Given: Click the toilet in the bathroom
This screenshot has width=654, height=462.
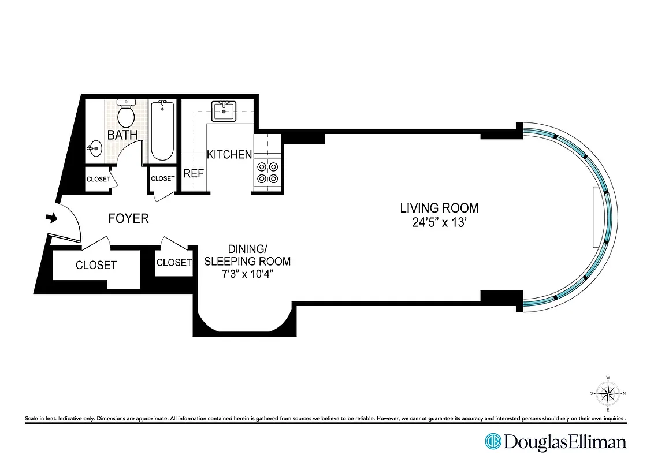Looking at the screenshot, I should coord(125,114).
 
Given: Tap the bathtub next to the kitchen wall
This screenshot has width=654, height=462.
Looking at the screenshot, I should coord(162,131).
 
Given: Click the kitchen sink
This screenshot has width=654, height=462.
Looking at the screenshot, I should coord(224,111).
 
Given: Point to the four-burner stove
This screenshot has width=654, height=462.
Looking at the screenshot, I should coord(267,172).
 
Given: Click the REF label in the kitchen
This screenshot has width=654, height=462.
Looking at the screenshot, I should coord(193,173).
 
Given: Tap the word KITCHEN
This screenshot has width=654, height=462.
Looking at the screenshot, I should coord(229,154).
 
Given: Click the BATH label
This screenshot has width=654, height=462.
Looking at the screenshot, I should coord(122,135).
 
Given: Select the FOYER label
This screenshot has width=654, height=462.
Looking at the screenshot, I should coord(128,218).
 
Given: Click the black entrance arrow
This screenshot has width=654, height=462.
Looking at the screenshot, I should coord(52,218).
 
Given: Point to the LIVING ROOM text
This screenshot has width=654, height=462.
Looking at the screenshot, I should coord(440,208).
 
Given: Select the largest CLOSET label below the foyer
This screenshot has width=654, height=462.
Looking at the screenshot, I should coord(96,265).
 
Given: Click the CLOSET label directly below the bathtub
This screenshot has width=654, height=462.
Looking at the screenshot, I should coord(162,179).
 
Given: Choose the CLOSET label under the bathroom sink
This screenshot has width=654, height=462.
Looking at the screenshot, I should coord(98,179).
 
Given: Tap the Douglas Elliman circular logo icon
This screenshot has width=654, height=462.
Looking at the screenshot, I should coord(493,442).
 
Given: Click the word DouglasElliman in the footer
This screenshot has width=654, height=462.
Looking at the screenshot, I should coord(564,442).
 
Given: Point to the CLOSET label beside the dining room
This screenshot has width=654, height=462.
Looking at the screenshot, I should coord(174,262).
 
